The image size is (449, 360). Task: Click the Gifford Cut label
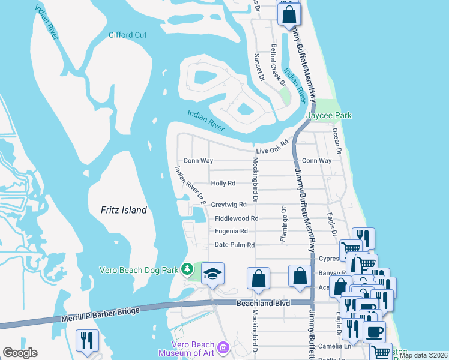tap(127, 35)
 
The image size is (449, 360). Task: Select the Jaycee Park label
tap(328, 115)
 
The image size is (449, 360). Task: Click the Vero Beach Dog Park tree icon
tap(188, 269)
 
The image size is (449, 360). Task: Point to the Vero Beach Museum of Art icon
tap(223, 347)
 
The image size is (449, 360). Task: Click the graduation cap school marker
tap(212, 274)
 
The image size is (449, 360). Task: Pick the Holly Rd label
tap(223, 183)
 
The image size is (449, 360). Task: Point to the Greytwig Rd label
tap(229, 205)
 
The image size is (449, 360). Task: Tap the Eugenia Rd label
tap(231, 231)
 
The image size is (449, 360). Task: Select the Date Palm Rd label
tap(235, 245)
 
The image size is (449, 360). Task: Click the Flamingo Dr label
tap(283, 224)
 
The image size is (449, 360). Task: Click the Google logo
tap(20, 353)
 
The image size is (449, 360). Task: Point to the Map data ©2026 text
tap(423, 355)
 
